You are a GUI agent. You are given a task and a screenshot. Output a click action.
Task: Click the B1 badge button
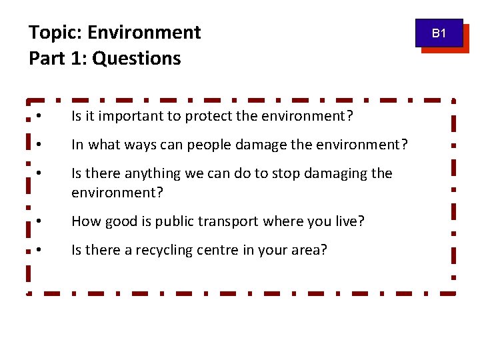439,33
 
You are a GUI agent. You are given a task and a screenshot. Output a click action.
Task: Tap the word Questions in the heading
137,59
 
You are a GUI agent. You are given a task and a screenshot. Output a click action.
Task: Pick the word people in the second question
207,145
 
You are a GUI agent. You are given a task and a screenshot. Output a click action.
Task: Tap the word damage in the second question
259,144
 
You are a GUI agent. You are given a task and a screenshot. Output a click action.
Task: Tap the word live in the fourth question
349,221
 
